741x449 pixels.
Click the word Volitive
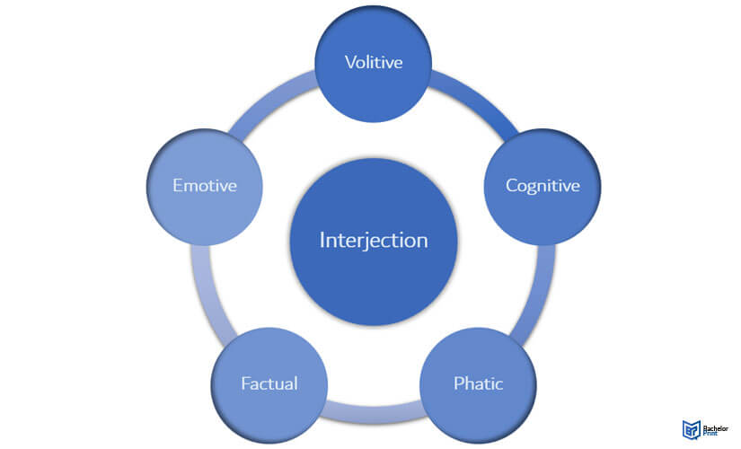click(374, 62)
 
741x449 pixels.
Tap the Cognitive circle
click(543, 187)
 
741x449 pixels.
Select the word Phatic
click(478, 383)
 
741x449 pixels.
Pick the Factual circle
click(269, 385)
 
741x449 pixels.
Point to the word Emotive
click(205, 185)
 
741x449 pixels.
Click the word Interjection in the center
click(374, 241)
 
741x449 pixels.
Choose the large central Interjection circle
click(374, 242)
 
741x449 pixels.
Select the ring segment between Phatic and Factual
click(374, 411)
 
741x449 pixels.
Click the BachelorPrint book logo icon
click(691, 429)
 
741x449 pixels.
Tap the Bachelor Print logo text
click(716, 430)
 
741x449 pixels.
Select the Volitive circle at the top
click(374, 64)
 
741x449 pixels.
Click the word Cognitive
click(543, 186)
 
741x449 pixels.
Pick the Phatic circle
click(478, 385)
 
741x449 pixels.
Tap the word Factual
click(269, 383)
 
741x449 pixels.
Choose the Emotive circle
click(205, 187)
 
